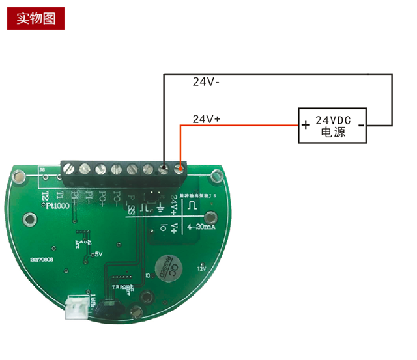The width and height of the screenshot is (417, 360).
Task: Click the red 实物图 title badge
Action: [36, 18]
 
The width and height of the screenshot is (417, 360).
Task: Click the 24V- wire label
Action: [206, 83]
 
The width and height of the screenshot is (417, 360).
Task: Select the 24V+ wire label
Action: [207, 119]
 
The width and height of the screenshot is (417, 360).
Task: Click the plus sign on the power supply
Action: [305, 124]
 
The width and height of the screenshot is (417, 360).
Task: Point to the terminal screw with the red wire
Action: [179, 169]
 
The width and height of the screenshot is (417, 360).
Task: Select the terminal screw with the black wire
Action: [163, 169]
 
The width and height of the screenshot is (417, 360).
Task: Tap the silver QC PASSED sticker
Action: [168, 266]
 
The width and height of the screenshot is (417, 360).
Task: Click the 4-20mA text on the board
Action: [201, 227]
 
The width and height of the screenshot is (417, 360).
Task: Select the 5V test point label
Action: [99, 255]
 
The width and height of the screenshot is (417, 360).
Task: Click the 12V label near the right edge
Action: [201, 268]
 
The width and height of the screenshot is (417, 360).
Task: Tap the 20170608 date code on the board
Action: [42, 258]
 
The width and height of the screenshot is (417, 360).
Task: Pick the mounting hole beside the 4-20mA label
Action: [210, 219]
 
